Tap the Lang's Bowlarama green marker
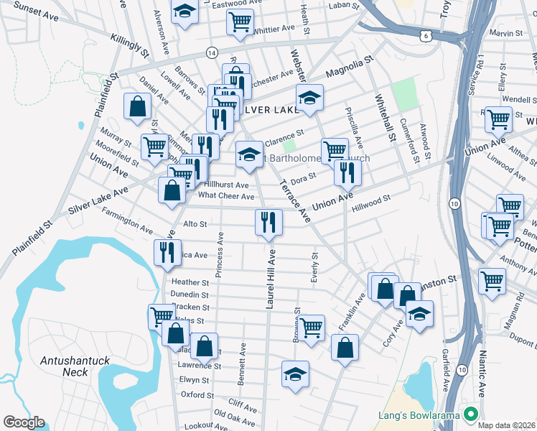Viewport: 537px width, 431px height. [471, 414]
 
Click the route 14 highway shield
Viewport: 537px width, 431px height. [212, 52]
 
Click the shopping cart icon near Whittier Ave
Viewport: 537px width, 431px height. [240, 20]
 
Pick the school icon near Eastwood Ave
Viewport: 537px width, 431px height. [185, 11]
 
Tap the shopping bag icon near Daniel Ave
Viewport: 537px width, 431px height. [136, 106]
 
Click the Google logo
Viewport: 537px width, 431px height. [24, 422]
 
